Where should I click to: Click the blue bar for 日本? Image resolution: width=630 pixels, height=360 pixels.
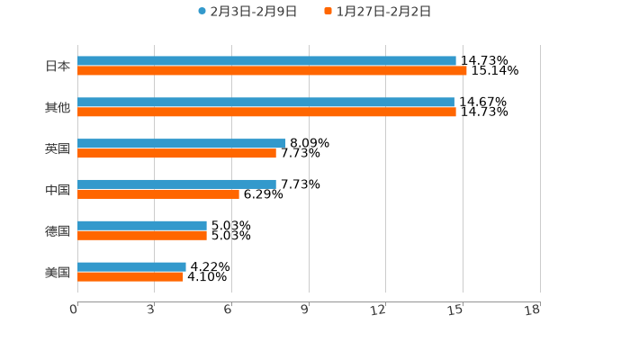[266, 61]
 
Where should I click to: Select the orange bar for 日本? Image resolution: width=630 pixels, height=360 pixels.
[272, 70]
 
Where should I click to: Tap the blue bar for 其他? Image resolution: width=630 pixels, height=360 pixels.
[265, 103]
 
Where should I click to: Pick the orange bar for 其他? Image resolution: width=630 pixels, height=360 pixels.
[266, 112]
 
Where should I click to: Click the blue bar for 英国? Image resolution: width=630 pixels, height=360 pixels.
[182, 143]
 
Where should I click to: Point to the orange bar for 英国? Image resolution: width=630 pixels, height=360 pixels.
[176, 153]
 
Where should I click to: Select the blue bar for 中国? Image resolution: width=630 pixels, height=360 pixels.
[176, 184]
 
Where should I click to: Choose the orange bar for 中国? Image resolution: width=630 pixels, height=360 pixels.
[158, 193]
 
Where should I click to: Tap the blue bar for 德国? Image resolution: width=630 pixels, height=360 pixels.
[142, 226]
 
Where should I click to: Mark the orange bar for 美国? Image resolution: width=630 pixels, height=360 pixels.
[130, 276]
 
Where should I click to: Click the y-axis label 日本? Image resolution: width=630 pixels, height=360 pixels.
[58, 66]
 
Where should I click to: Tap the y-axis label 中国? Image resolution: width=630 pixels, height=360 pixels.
[58, 190]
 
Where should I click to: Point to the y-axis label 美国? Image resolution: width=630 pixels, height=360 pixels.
[58, 272]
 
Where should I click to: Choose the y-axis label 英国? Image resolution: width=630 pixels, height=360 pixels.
[58, 148]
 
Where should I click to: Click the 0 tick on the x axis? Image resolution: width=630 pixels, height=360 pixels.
[74, 310]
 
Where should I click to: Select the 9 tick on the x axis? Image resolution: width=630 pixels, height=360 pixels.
[305, 310]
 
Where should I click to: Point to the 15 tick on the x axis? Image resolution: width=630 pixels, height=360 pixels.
[456, 310]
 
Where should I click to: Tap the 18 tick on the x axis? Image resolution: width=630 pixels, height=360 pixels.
[533, 310]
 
